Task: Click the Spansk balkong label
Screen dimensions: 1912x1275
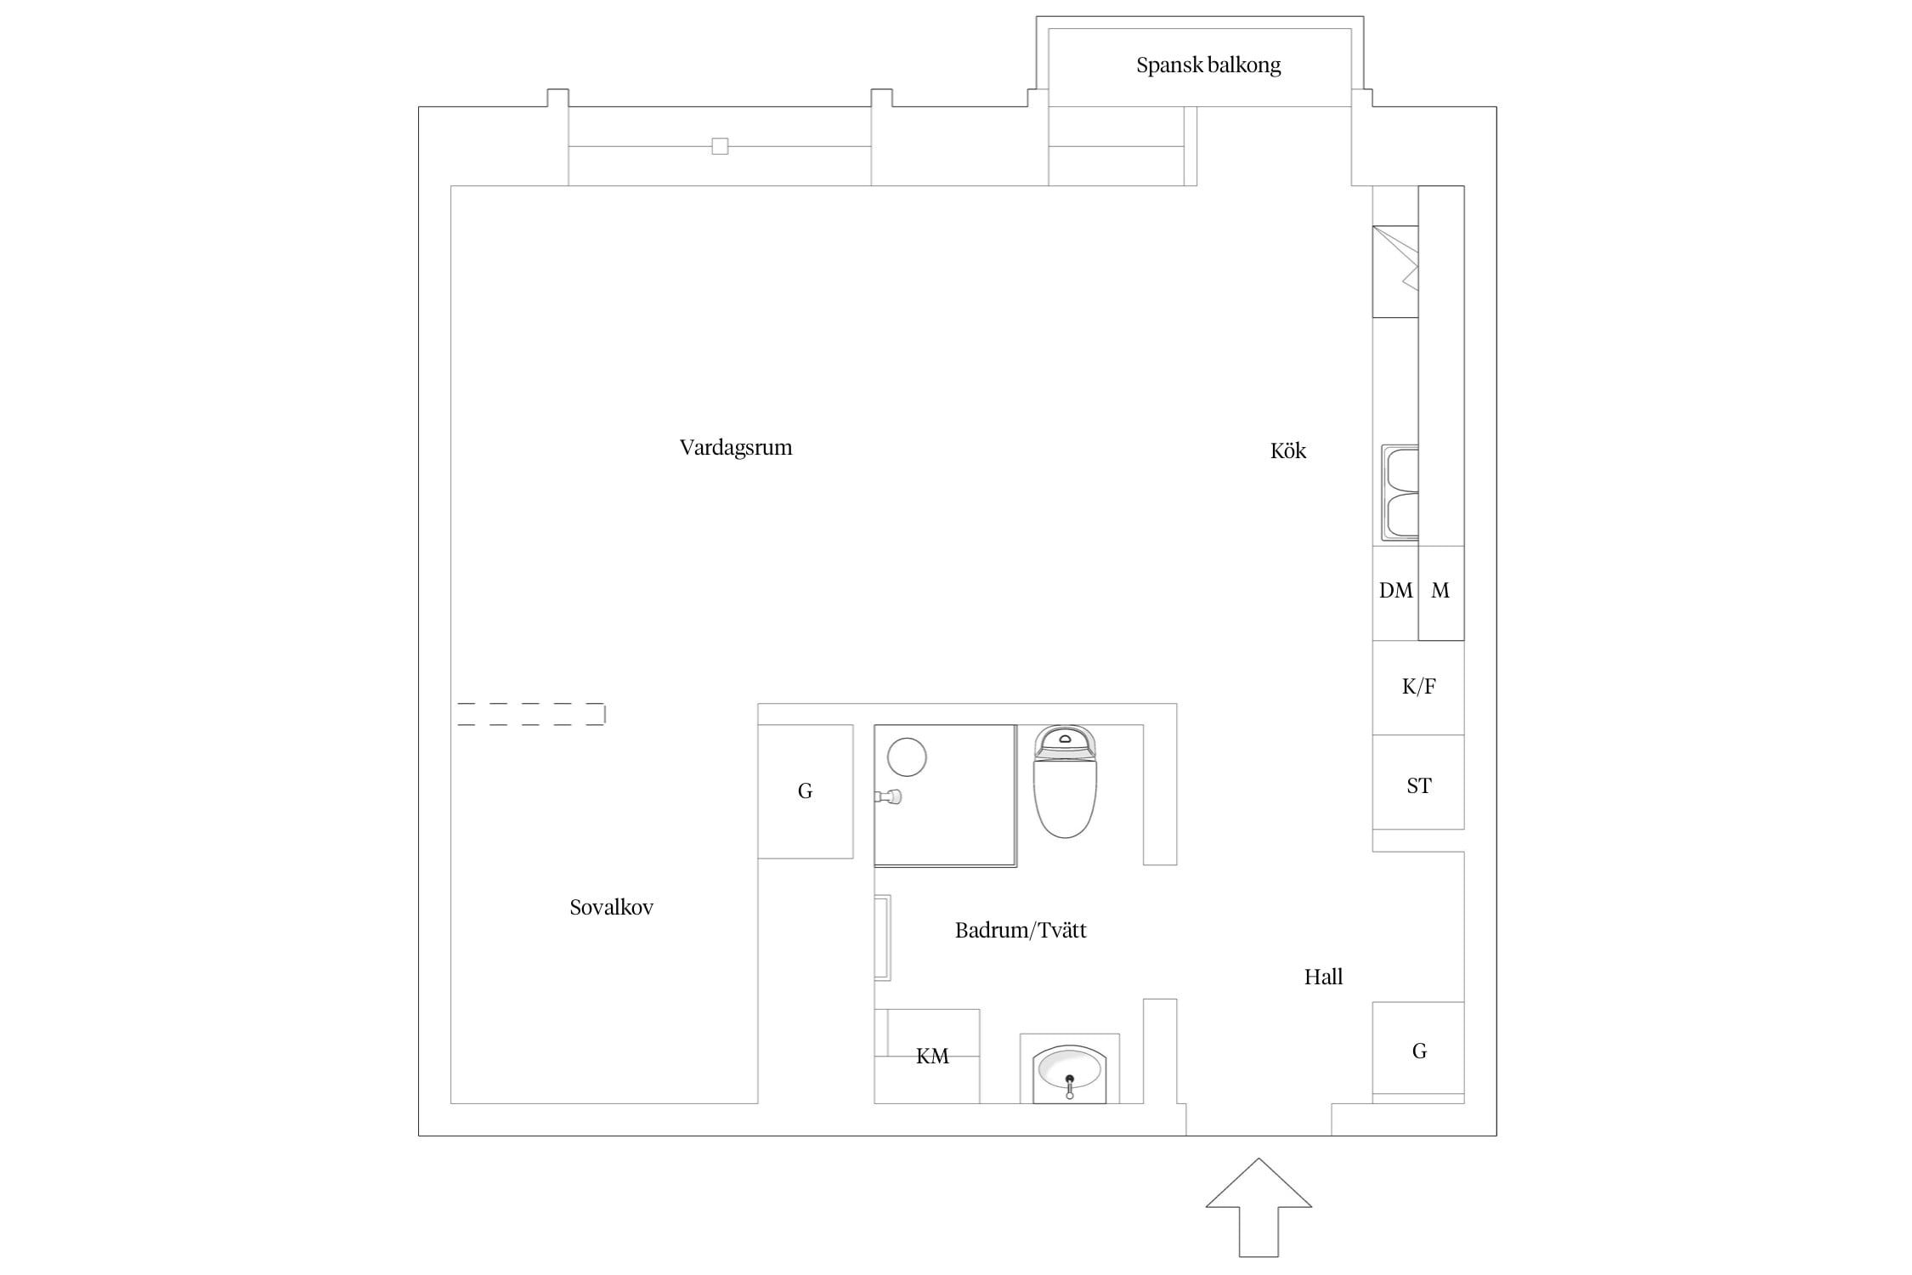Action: click(x=1208, y=65)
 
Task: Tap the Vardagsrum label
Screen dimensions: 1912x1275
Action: click(x=736, y=448)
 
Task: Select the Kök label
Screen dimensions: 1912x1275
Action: click(x=1288, y=450)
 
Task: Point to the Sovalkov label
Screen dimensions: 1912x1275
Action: click(x=612, y=908)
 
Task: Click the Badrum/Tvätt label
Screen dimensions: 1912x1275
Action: click(x=1021, y=930)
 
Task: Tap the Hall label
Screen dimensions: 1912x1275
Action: click(x=1323, y=977)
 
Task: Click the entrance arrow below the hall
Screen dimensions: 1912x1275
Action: click(x=1259, y=1207)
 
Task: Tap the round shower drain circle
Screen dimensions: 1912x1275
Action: click(x=907, y=756)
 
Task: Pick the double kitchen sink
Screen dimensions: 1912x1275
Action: click(x=1400, y=492)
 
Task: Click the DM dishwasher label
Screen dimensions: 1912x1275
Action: click(x=1395, y=591)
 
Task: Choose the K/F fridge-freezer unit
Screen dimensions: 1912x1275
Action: click(x=1418, y=688)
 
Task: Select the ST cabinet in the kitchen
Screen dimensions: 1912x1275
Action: click(x=1418, y=782)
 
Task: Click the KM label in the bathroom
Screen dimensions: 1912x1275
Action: click(x=932, y=1057)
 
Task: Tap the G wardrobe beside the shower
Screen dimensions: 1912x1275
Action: click(x=806, y=791)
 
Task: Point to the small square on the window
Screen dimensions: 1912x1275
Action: click(x=720, y=146)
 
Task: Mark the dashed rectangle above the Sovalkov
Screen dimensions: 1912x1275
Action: click(x=531, y=714)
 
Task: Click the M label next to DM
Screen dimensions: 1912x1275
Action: click(x=1440, y=591)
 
